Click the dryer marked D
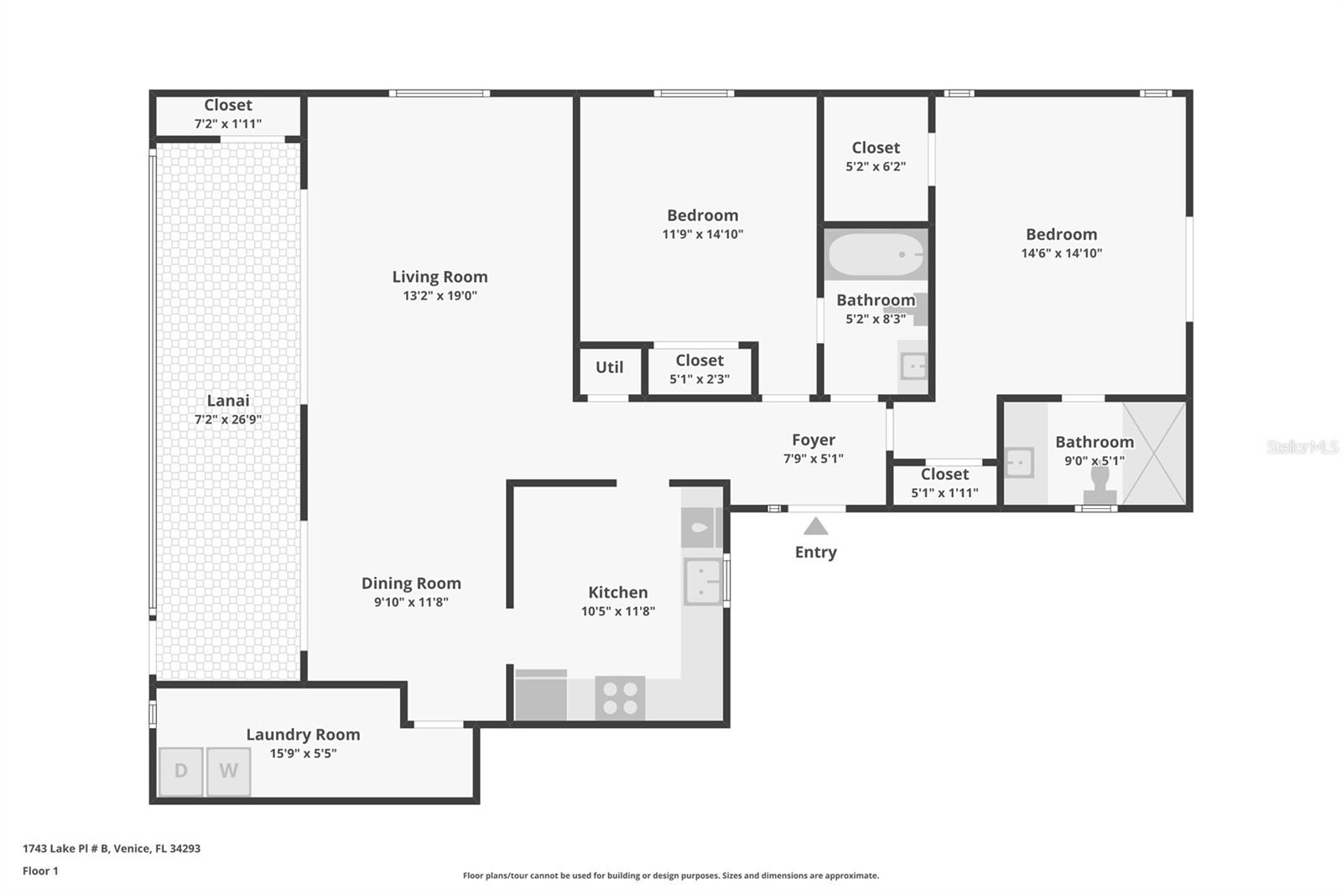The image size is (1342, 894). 181,771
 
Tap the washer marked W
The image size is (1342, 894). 228,771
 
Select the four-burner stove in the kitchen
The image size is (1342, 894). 620,698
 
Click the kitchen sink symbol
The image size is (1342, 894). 703,581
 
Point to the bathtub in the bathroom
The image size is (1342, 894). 876,255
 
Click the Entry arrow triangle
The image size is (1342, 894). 815,527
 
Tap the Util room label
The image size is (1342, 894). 609,367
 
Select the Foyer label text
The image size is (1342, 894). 813,439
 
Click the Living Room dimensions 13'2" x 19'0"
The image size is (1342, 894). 440,295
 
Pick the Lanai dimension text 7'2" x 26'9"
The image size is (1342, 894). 227,419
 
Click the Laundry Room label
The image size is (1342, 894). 303,734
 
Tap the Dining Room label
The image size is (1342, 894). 411,583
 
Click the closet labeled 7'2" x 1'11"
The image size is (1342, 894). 227,114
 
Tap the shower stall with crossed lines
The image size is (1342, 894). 1154,453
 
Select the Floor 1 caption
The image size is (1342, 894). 40,871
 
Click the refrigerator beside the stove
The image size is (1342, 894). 540,695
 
